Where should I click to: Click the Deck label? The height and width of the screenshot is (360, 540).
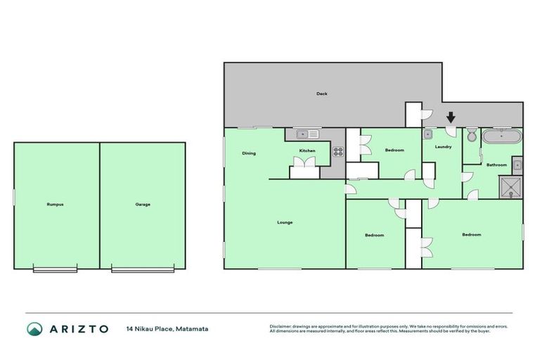(321, 94)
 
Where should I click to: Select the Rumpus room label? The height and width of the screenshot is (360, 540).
(56, 205)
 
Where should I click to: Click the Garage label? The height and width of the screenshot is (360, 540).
(143, 205)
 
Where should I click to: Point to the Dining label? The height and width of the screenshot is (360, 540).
(249, 153)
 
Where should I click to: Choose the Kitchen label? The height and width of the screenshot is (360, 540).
(307, 151)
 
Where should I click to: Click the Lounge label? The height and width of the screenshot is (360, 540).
(285, 222)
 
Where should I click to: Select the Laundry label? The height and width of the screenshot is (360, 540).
(443, 147)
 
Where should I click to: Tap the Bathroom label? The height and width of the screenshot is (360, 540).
(496, 165)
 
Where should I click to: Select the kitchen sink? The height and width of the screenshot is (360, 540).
(307, 133)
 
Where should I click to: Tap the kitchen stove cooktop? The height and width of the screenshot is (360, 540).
(337, 150)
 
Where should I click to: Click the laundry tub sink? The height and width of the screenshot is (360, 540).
(427, 133)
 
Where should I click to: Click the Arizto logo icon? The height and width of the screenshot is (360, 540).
(34, 328)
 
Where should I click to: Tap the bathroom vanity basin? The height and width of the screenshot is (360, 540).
(517, 165)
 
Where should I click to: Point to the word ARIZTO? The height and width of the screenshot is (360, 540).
(78, 328)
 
